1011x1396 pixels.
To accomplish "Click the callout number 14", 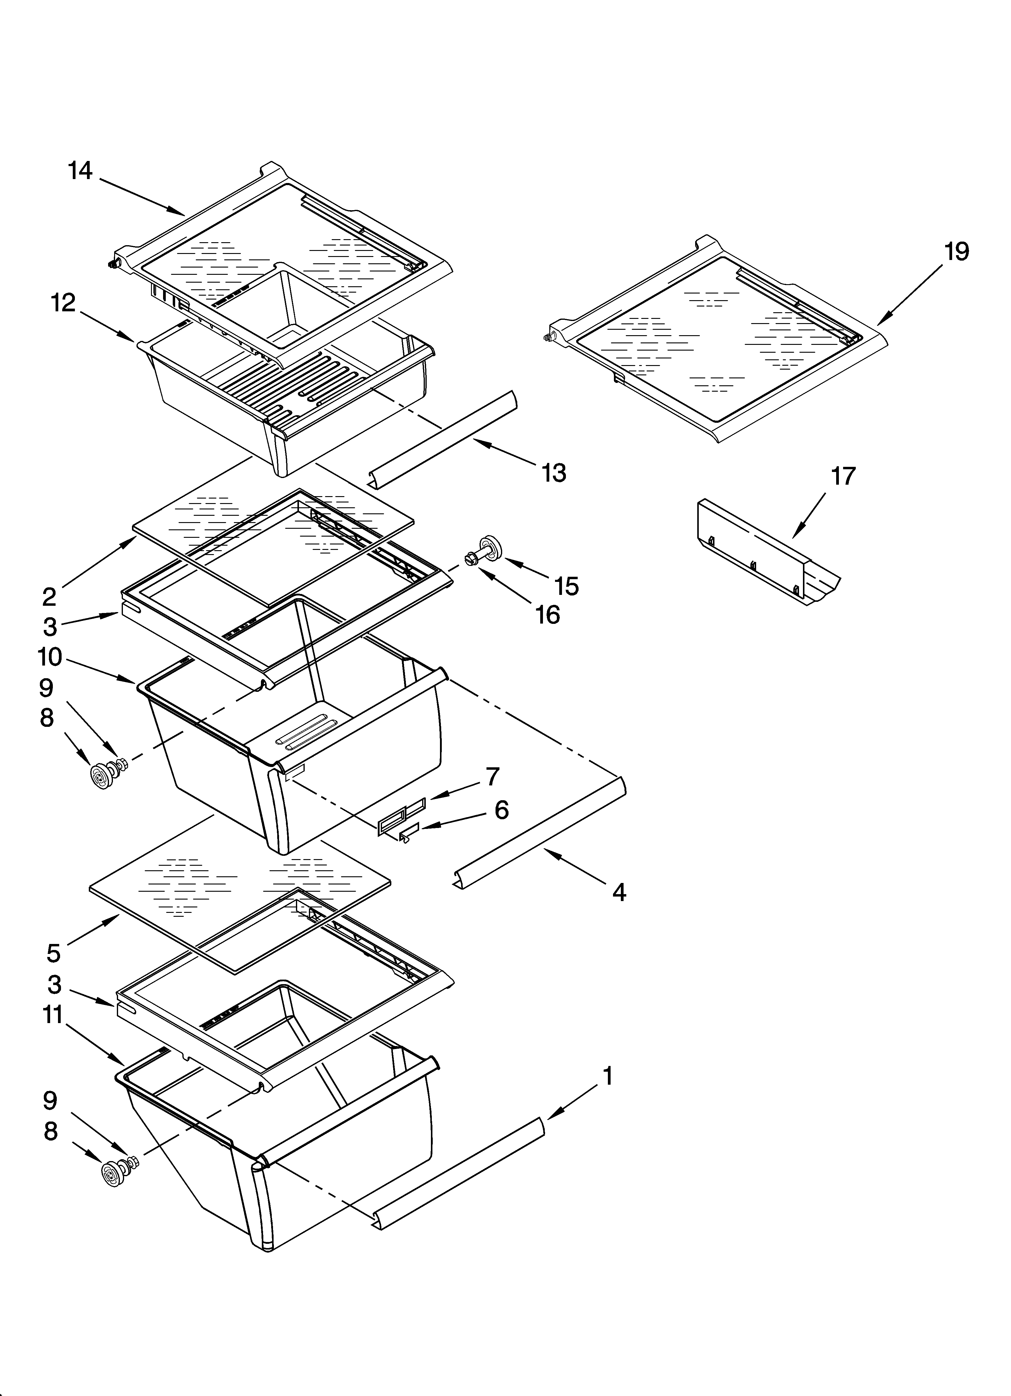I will (x=80, y=171).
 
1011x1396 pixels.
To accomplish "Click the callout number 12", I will (x=63, y=303).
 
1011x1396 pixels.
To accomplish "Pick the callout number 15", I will (x=566, y=586).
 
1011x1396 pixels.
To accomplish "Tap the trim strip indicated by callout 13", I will (x=443, y=438).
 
